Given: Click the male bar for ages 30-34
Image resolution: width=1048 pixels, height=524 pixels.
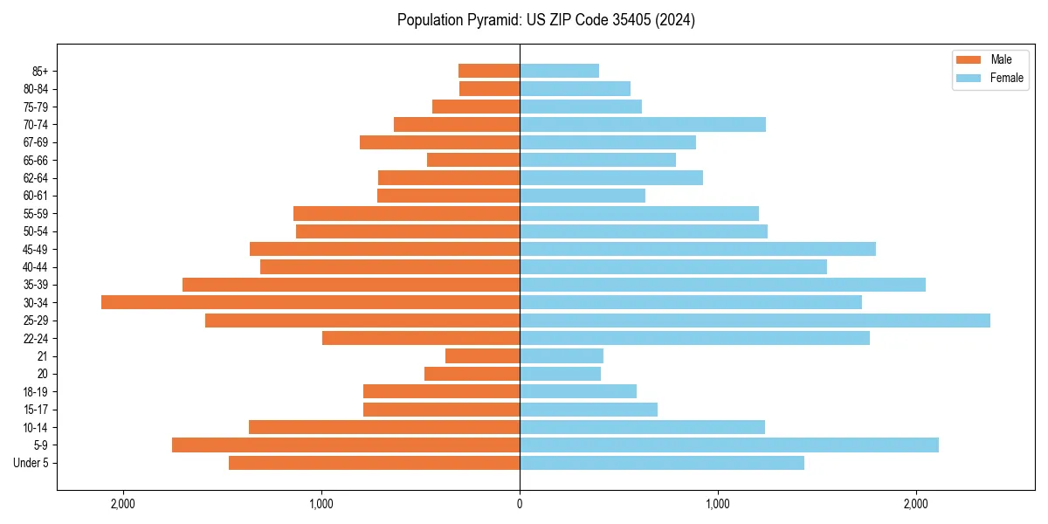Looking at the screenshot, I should pyautogui.click(x=310, y=302).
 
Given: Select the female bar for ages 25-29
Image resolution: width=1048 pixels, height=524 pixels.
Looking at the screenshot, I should pyautogui.click(x=755, y=321).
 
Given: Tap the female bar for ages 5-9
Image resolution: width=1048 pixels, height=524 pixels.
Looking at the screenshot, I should pyautogui.click(x=729, y=445).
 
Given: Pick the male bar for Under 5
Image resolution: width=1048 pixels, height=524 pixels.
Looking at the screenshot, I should pyautogui.click(x=374, y=463).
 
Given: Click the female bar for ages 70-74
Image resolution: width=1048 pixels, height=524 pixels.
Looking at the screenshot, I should pyautogui.click(x=643, y=124).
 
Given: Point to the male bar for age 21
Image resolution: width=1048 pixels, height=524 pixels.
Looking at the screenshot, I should pyautogui.click(x=482, y=355).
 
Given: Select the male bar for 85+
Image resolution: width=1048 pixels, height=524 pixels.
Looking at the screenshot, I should pyautogui.click(x=489, y=71).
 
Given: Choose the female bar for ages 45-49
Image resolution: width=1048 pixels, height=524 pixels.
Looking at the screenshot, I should pyautogui.click(x=698, y=249).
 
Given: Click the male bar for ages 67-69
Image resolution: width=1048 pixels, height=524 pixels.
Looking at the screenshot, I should pyautogui.click(x=439, y=142).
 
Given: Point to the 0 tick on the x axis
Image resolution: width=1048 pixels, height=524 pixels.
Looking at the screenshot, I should pyautogui.click(x=520, y=503).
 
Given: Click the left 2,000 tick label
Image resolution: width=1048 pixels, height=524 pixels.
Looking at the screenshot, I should pyautogui.click(x=123, y=503).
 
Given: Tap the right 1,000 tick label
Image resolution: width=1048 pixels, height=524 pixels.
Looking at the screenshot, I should pyautogui.click(x=718, y=503).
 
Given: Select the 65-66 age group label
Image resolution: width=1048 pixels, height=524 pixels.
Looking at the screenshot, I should pyautogui.click(x=36, y=160).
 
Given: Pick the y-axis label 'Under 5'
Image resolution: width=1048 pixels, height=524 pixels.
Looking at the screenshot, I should pyautogui.click(x=31, y=463).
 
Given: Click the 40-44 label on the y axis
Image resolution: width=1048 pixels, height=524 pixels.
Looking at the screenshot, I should pyautogui.click(x=36, y=266).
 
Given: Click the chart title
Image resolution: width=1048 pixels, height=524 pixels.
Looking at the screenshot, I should pyautogui.click(x=546, y=20).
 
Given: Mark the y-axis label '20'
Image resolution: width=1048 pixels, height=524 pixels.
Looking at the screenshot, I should pyautogui.click(x=43, y=374).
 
